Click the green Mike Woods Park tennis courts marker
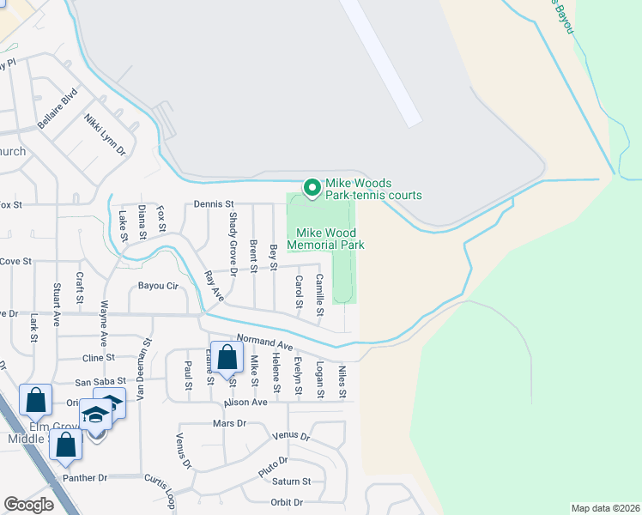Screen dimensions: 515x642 pyautogui.click(x=312, y=186)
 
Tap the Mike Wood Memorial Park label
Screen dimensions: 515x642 pyautogui.click(x=330, y=239)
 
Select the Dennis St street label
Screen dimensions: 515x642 pyautogui.click(x=214, y=203)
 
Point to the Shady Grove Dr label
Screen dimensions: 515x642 pyautogui.click(x=233, y=239)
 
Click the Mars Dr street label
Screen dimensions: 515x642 pyautogui.click(x=228, y=424)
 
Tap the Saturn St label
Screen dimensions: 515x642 pyautogui.click(x=293, y=482)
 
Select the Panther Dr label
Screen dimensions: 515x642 pyautogui.click(x=84, y=477)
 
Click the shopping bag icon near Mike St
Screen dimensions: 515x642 pyautogui.click(x=226, y=359)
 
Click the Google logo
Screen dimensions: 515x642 pyautogui.click(x=28, y=505)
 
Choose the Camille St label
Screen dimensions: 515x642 pyautogui.click(x=318, y=291)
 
